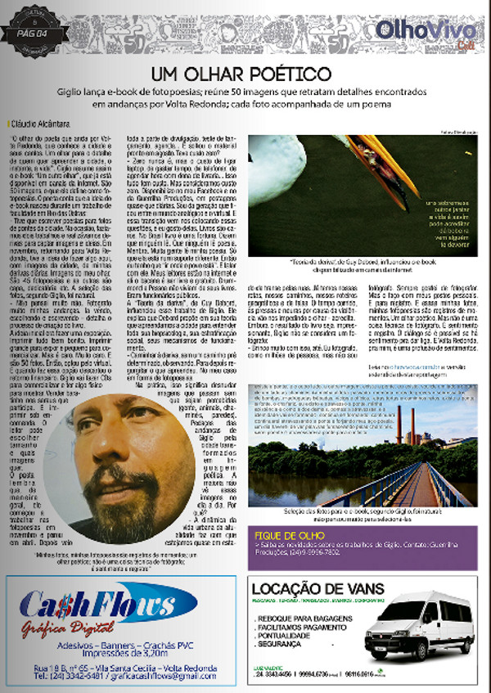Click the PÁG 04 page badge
(34, 33)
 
